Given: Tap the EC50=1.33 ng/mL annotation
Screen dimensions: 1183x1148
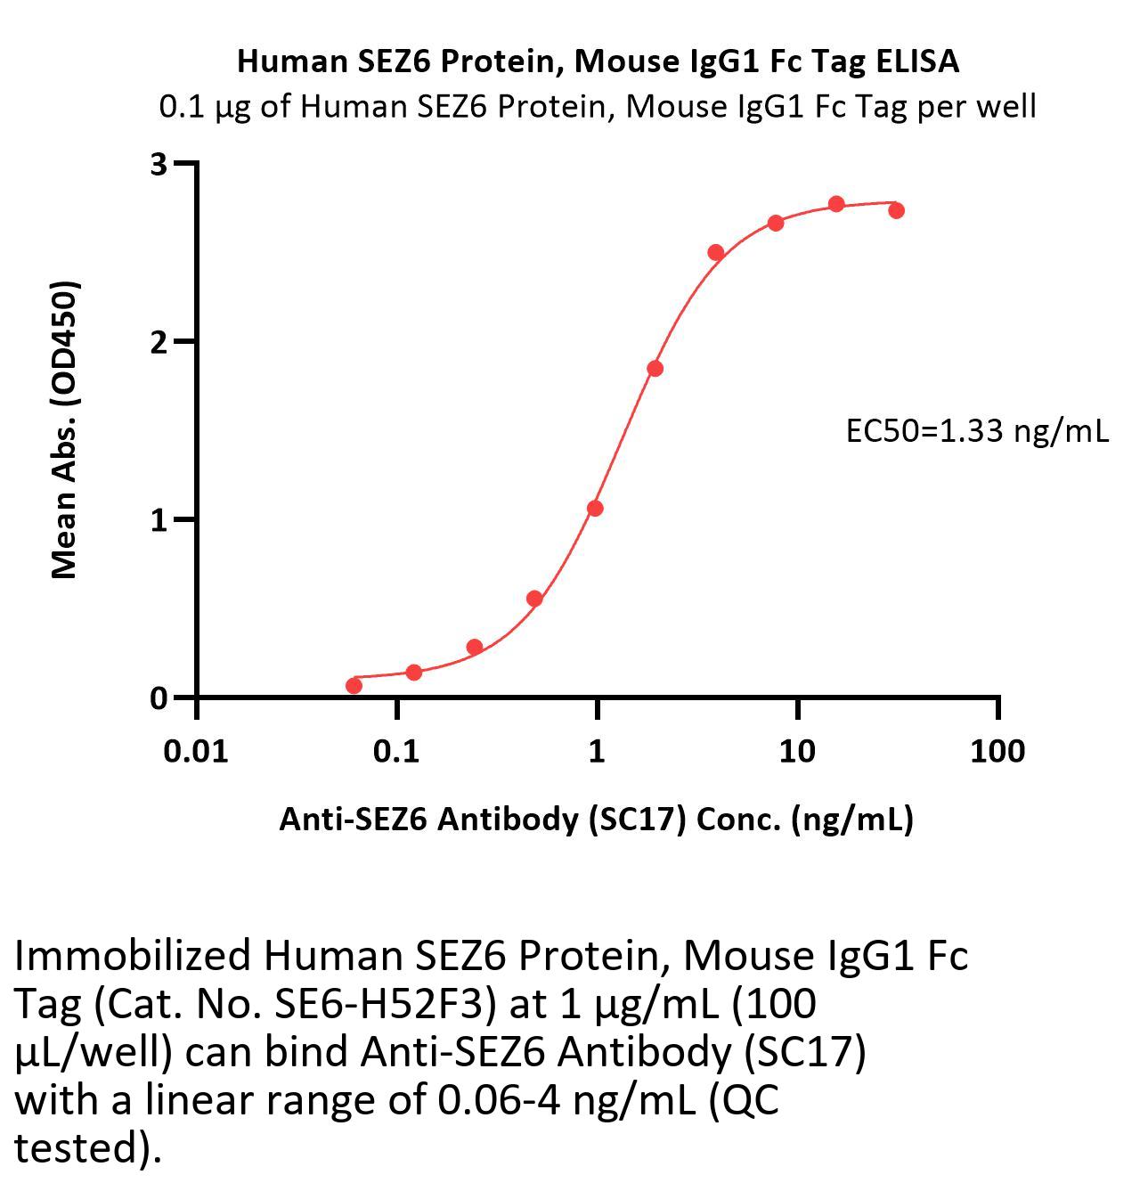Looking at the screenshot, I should [977, 431].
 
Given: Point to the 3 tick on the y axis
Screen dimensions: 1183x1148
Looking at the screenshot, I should [159, 164].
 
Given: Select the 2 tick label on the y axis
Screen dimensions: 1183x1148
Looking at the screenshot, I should [159, 342].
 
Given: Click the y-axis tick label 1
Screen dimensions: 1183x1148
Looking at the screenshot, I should [159, 519].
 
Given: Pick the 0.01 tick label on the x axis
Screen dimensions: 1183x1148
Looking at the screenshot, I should [196, 751].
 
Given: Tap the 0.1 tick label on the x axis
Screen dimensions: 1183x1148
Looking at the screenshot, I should [396, 751].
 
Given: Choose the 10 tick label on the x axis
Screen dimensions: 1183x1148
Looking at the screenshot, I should [797, 751].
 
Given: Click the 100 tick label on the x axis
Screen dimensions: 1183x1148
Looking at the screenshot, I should [997, 751].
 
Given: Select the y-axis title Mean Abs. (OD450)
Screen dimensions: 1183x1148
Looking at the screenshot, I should [64, 429].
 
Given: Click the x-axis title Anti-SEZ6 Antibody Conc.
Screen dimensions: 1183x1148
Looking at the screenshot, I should [596, 819].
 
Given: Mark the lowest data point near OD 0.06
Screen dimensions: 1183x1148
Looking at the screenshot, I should [354, 685].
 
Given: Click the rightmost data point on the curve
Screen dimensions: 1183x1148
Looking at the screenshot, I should [896, 210].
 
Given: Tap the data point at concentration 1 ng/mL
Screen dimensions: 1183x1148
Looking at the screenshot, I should [595, 508].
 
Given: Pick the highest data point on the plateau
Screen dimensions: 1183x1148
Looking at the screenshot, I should [836, 204].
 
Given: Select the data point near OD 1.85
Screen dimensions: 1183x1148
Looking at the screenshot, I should [655, 368].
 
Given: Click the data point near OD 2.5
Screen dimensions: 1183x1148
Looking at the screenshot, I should [715, 252].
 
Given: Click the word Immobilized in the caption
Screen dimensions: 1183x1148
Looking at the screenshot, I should [133, 956].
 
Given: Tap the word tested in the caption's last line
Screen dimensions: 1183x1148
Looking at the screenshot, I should [76, 1148].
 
